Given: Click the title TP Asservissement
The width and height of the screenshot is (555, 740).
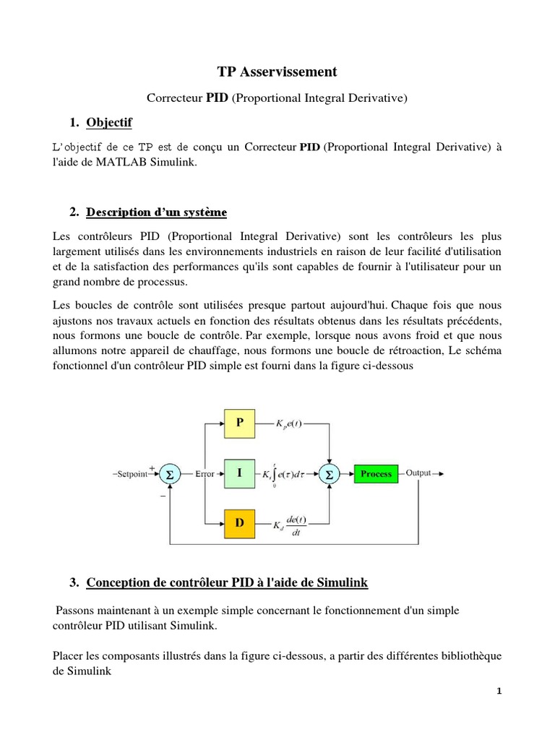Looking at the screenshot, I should pyautogui.click(x=277, y=72).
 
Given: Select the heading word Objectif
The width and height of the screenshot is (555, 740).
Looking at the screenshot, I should pyautogui.click(x=109, y=123).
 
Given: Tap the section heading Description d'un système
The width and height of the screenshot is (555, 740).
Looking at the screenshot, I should pyautogui.click(x=156, y=212).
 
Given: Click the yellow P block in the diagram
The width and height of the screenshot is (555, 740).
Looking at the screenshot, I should pyautogui.click(x=240, y=423).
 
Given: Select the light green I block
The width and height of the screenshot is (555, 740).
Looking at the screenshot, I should pyautogui.click(x=240, y=473).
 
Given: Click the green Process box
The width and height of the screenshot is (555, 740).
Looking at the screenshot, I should pyautogui.click(x=376, y=474).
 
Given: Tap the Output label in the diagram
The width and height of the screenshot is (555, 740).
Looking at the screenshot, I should pyautogui.click(x=418, y=473).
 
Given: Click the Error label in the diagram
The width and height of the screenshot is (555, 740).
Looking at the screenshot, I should pyautogui.click(x=205, y=474).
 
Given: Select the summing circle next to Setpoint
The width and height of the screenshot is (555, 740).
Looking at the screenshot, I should pyautogui.click(x=170, y=474).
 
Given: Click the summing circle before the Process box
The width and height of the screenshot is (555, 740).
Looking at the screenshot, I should pyautogui.click(x=330, y=474).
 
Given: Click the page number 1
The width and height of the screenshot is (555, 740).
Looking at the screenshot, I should pyautogui.click(x=499, y=691).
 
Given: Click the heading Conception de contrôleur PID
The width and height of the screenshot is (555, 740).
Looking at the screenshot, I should pyautogui.click(x=227, y=582).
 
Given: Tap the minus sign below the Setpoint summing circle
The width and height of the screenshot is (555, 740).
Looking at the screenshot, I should pyautogui.click(x=163, y=496).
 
